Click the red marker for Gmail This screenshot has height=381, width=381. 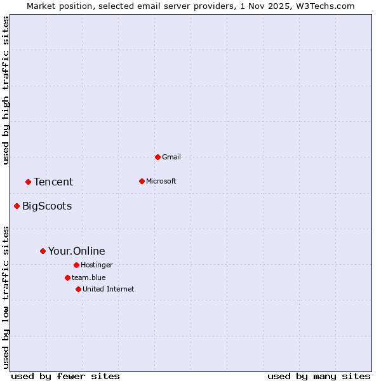pyautogui.click(x=157, y=157)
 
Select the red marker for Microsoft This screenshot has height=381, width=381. pyautogui.click(x=142, y=181)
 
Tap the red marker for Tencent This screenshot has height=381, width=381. pyautogui.click(x=28, y=182)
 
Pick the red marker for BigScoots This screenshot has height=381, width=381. pyautogui.click(x=17, y=206)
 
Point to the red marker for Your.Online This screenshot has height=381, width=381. pyautogui.click(x=43, y=251)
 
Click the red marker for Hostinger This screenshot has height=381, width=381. pyautogui.click(x=76, y=265)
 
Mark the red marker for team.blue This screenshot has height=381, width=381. pyautogui.click(x=67, y=277)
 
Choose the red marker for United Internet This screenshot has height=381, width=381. pyautogui.click(x=78, y=289)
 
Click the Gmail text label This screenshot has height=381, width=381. pyautogui.click(x=171, y=157)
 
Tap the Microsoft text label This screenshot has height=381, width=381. pyautogui.click(x=161, y=181)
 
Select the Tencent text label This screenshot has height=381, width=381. pyautogui.click(x=53, y=182)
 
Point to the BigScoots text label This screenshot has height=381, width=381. pyautogui.click(x=47, y=206)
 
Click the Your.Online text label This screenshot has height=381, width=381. pyautogui.click(x=77, y=251)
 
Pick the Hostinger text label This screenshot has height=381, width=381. pyautogui.click(x=97, y=265)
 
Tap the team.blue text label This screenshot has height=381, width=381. pyautogui.click(x=89, y=277)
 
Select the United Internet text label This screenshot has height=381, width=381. pyautogui.click(x=109, y=289)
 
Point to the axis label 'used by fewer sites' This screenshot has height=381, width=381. pyautogui.click(x=65, y=376)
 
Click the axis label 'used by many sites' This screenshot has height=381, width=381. pyautogui.click(x=319, y=376)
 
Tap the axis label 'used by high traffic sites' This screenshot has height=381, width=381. pyautogui.click(x=6, y=90)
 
